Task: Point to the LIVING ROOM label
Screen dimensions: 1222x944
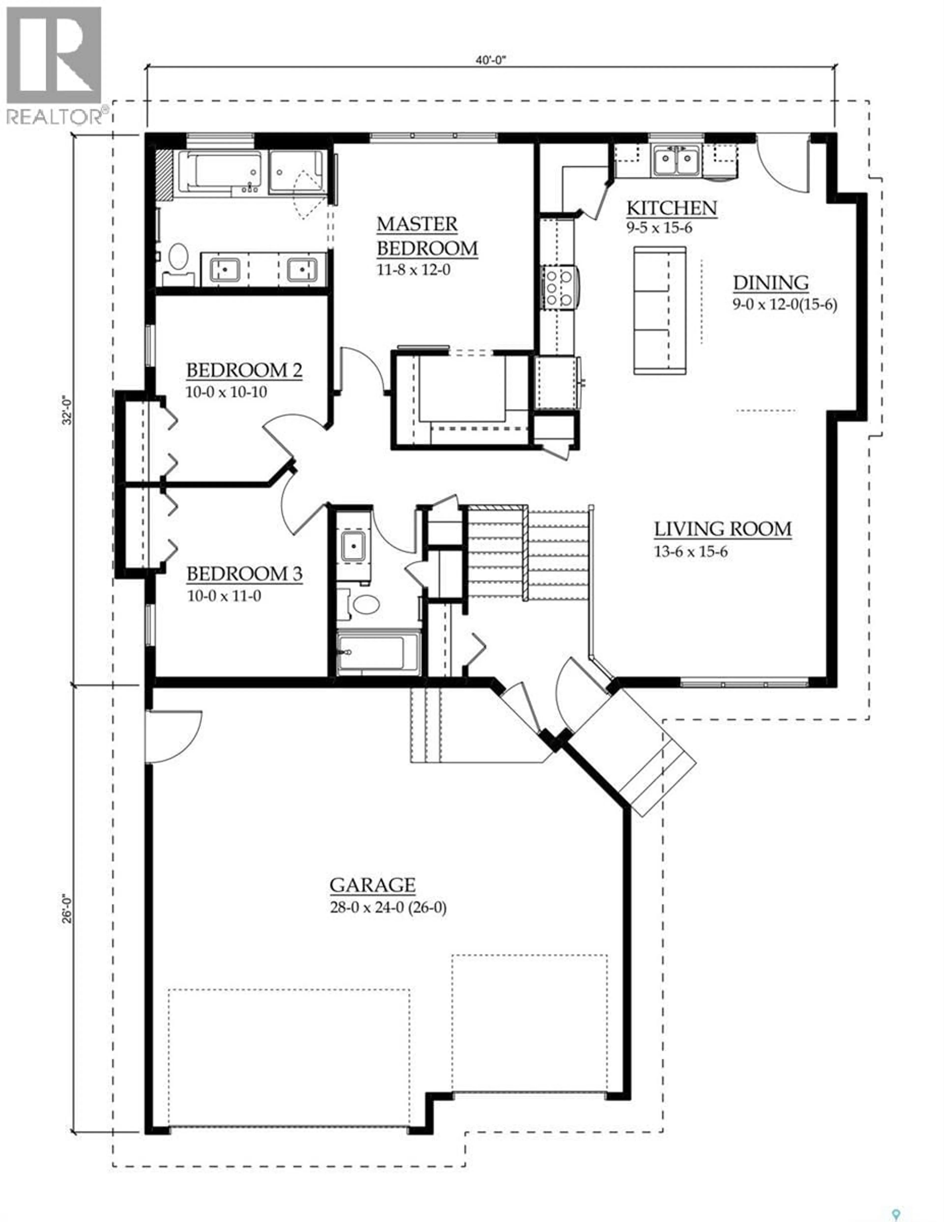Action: coord(723,529)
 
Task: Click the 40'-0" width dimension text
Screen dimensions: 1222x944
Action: coord(490,60)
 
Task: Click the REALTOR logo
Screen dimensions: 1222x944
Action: coord(54,64)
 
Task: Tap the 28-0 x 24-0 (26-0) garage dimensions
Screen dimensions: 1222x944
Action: coord(388,908)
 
